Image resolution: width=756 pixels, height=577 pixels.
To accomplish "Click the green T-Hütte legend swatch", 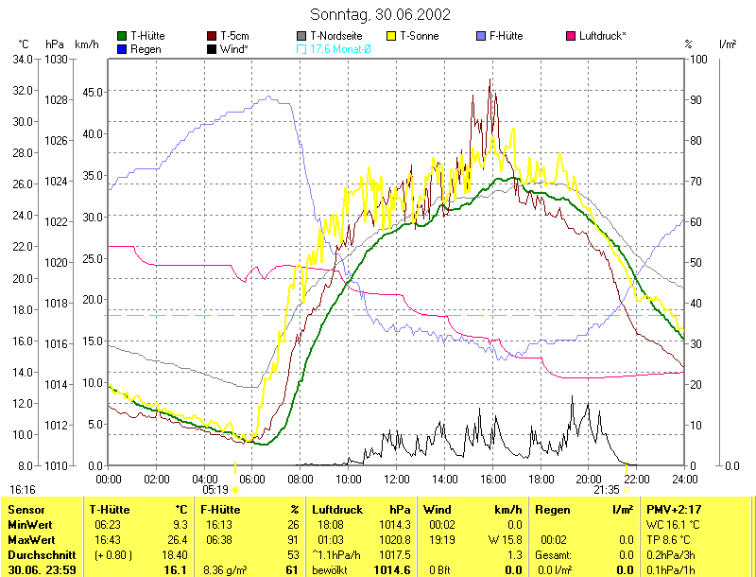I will [x=122, y=36].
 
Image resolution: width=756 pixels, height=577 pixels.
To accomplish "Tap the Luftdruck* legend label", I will [x=602, y=36].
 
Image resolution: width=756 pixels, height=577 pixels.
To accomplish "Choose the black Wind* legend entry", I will [x=227, y=48].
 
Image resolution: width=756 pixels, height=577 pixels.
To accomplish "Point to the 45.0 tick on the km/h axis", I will [x=91, y=92].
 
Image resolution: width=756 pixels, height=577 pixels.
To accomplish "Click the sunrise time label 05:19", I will [x=216, y=490].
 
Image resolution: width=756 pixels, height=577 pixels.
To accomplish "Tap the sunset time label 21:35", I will [x=606, y=490].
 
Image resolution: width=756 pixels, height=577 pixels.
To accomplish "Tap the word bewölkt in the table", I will [x=331, y=570].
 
